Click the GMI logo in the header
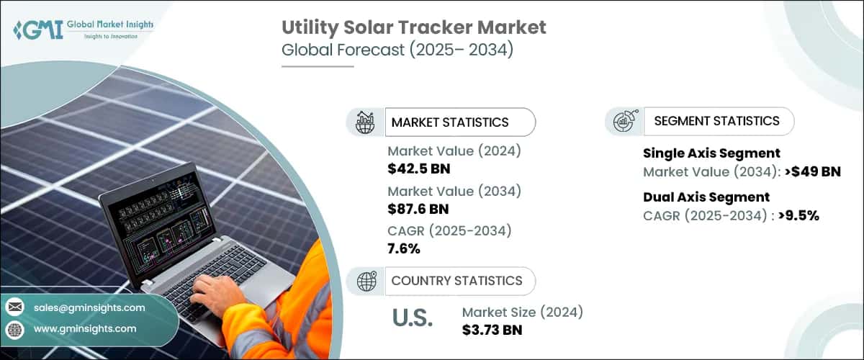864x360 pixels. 84,30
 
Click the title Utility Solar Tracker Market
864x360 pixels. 413,28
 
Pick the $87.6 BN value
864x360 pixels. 418,209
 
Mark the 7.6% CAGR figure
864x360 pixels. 404,248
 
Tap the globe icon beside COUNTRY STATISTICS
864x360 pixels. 366,281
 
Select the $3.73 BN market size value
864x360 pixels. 492,330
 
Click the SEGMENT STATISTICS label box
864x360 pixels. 716,121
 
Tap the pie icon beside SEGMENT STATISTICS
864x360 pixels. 623,121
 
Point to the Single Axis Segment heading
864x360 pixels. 711,153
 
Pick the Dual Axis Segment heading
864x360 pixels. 706,197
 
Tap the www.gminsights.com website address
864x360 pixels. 85,328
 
